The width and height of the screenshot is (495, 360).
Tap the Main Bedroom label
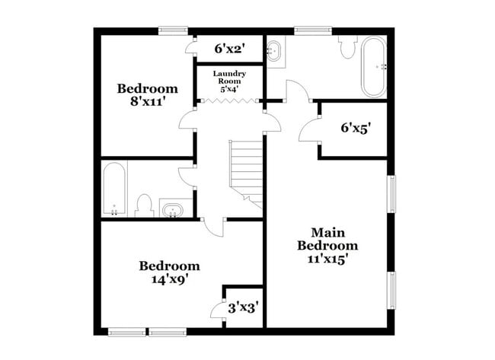pos(327,239)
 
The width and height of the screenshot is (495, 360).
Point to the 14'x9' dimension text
pos(169,279)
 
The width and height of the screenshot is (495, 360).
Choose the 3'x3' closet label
pos(244,307)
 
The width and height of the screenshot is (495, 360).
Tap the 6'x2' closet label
pos(228,49)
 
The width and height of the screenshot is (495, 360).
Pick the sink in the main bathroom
pos(275,50)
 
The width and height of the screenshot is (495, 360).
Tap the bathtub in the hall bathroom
pos(115,188)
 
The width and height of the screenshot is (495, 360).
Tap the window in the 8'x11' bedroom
pos(173,31)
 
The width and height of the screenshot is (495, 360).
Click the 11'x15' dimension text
pos(327,259)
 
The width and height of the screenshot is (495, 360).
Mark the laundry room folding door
pos(228,98)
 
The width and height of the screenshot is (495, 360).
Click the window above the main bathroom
pos(311,31)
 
